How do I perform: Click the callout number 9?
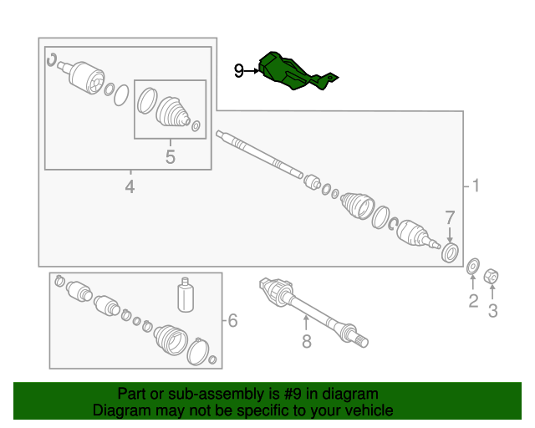coord(239,71)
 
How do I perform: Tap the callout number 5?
coord(171,157)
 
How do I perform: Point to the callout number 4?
coord(130,186)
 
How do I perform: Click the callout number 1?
coord(476,186)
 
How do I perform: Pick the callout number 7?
coord(450,217)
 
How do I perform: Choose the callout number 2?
coord(473,301)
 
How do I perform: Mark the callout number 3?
coord(492,311)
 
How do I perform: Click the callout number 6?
coord(232,320)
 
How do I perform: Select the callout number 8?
coord(307,341)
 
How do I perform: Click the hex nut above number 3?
coord(492,276)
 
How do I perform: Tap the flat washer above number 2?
coord(473,266)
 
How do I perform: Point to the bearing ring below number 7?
coord(450,253)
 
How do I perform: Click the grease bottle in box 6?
coord(186,294)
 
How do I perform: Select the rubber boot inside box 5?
coord(173,112)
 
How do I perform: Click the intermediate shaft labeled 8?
coord(313,311)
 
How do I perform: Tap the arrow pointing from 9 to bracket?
coord(252,71)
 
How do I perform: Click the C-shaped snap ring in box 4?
coord(51,60)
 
